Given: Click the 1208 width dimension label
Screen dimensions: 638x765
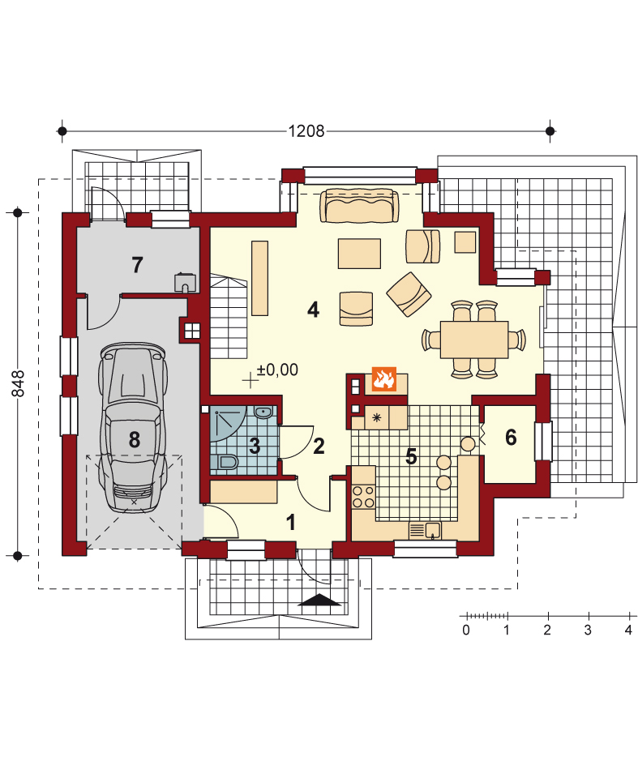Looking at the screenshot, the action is coord(306,130).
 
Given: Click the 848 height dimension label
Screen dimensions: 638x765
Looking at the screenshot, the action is coord(18,383).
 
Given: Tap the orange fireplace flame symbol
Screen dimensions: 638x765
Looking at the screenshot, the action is coord(383,379).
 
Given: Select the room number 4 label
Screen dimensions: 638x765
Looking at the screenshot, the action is coord(314,310).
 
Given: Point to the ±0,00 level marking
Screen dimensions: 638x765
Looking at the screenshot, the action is coord(277,370).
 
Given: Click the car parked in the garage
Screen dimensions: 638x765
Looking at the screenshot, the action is coord(133,427).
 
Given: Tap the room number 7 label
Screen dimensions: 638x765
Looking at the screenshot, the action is coord(137,265).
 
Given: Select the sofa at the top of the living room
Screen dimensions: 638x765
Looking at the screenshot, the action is coord(359,205).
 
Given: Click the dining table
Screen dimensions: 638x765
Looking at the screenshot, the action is coord(474,340).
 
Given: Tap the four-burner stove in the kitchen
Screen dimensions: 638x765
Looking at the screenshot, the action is coord(363,497).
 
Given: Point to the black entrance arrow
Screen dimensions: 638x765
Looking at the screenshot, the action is coord(319,600).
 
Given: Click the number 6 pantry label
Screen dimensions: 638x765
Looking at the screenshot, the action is coord(511,438).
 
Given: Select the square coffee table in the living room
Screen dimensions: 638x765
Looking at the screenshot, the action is coord(359,253).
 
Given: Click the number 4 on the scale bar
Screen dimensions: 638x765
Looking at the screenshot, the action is coord(628,630).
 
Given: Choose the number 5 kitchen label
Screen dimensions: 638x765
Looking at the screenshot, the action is coord(411,457).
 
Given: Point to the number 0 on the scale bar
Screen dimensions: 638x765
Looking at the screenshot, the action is coord(466,630).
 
